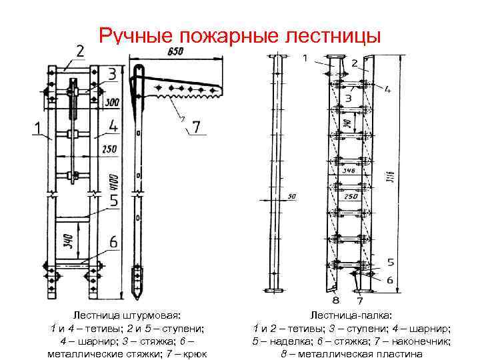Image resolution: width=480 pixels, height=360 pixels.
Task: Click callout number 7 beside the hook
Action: (196, 125)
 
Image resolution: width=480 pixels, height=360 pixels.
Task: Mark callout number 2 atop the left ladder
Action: (80, 51)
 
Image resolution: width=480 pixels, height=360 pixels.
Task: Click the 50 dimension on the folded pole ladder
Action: (292, 197)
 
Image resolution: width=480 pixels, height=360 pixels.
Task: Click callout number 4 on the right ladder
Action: (387, 89)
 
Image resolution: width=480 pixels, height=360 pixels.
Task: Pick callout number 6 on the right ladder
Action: (389, 279)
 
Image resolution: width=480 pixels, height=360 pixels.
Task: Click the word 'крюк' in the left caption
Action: (193, 353)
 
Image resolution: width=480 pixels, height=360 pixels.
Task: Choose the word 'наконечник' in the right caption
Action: (424, 341)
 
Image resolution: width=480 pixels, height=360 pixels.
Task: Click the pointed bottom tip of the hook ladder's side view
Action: (138, 297)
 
